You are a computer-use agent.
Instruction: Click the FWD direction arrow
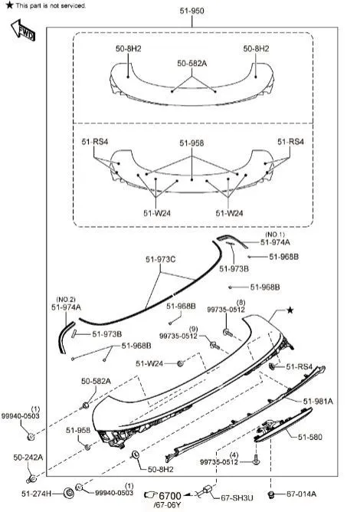point(23,30)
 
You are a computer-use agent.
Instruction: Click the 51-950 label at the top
point(192,11)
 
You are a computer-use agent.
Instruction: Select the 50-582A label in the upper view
point(192,64)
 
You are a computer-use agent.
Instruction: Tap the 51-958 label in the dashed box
point(191,143)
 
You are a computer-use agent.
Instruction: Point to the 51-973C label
point(160,259)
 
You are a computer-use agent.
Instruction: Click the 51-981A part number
point(318,402)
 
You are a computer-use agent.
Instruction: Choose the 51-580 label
point(309,437)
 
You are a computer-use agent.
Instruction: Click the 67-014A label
point(301,494)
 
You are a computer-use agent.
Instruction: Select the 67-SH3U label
point(237,497)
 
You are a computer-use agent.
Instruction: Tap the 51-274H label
point(37,494)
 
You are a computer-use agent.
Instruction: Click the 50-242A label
point(28,458)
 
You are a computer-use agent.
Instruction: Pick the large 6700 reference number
point(170,495)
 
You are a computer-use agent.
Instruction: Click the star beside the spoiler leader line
point(290,310)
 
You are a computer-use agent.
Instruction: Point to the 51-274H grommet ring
point(69,493)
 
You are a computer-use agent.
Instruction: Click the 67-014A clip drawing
point(270,494)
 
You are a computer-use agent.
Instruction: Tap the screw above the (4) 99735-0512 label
point(256,459)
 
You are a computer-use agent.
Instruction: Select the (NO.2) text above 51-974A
point(66,300)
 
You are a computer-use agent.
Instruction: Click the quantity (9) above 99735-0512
point(193,329)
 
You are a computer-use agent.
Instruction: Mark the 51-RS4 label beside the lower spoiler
point(299,366)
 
